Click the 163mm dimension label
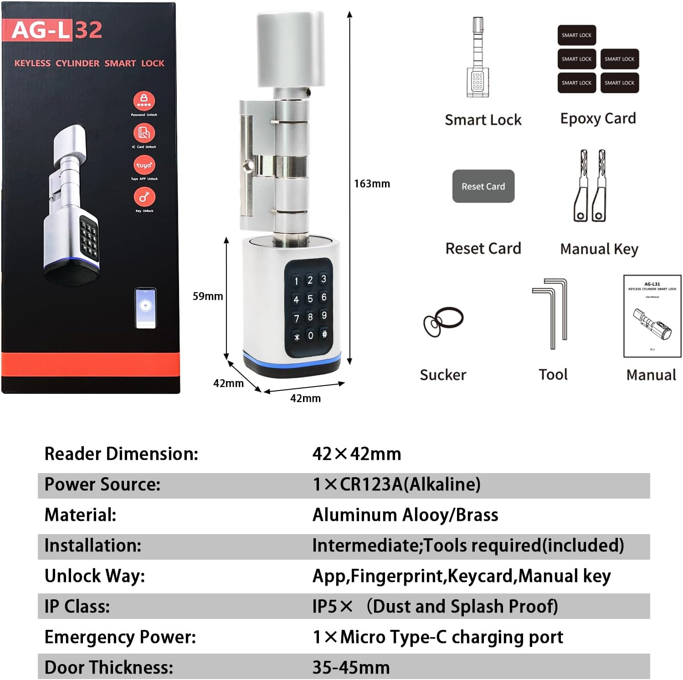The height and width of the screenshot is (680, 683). pyautogui.click(x=372, y=184)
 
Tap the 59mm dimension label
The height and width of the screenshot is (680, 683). pyautogui.click(x=208, y=296)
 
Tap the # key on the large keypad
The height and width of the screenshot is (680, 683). pyautogui.click(x=324, y=334)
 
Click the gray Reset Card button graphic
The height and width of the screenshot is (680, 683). pyautogui.click(x=483, y=186)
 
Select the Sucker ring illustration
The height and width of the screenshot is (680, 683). pyautogui.click(x=443, y=321)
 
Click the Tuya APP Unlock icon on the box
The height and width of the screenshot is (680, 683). pyautogui.click(x=144, y=165)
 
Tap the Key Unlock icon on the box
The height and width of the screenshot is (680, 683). pyautogui.click(x=144, y=197)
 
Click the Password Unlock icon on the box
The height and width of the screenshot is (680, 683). pyautogui.click(x=144, y=101)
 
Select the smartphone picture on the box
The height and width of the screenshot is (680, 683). pyautogui.click(x=146, y=307)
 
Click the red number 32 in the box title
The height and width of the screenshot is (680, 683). pyautogui.click(x=88, y=30)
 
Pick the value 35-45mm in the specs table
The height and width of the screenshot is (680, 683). pyautogui.click(x=351, y=667)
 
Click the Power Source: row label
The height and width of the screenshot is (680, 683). pyautogui.click(x=103, y=484)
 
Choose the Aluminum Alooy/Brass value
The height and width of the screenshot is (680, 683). pyautogui.click(x=405, y=515)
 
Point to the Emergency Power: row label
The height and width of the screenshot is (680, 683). pyautogui.click(x=120, y=637)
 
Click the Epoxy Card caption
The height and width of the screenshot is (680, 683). pyautogui.click(x=598, y=118)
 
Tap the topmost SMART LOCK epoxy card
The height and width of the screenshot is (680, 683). pyautogui.click(x=576, y=35)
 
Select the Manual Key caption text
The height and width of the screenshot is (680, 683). pyautogui.click(x=599, y=249)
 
